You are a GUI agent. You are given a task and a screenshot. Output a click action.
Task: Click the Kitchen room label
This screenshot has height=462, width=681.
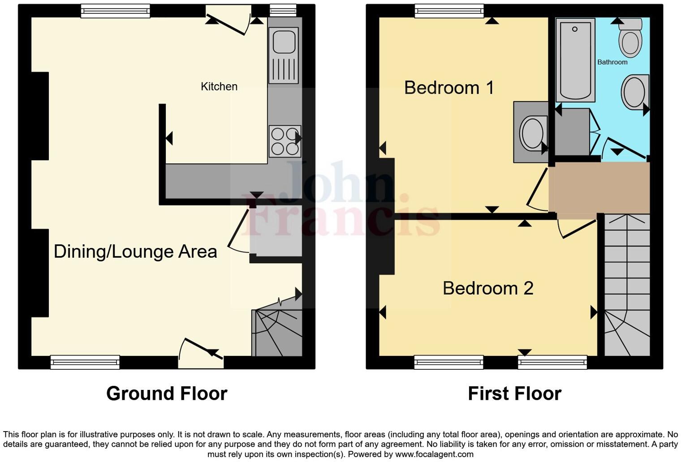219,86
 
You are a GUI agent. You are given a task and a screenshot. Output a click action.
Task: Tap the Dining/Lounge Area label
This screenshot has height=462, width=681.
135,252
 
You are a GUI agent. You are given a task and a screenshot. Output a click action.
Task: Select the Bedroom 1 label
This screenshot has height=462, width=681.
449,88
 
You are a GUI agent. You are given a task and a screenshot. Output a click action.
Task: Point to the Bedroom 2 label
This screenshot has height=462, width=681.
488,288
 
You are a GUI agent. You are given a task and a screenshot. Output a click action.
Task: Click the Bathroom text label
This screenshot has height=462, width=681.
612,62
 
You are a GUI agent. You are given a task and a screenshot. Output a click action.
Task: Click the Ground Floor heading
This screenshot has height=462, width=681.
167,394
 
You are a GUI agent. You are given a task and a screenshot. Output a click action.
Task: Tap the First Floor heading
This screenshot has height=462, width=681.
514,394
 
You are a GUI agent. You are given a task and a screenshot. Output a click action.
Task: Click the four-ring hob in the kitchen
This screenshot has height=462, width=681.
284,141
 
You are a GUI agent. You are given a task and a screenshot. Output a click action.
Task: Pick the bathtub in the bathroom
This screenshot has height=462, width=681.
575,60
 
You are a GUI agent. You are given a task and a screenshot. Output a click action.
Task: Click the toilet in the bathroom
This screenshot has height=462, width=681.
630,38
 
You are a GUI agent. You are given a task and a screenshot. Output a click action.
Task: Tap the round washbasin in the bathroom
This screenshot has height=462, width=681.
635,92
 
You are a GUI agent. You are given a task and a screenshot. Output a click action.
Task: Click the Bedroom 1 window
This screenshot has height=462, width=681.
449,11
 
